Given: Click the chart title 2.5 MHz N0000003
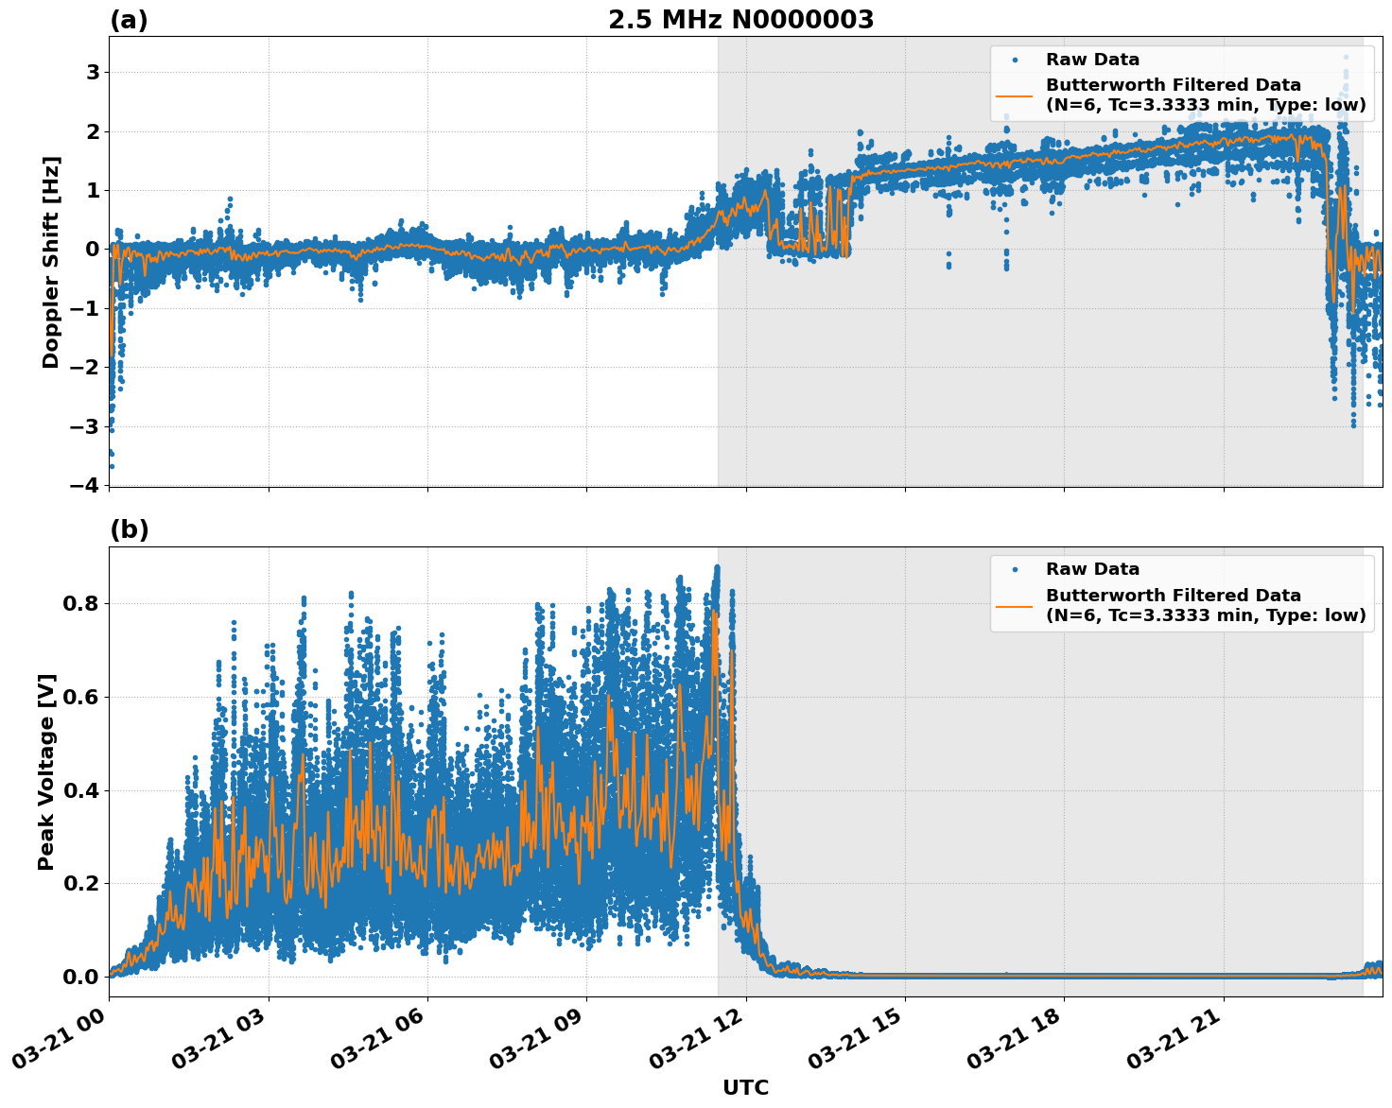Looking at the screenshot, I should click(x=740, y=20).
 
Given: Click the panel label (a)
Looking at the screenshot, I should click(x=129, y=20).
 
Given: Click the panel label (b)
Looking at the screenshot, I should click(x=129, y=529).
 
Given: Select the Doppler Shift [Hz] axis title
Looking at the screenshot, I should click(x=51, y=262).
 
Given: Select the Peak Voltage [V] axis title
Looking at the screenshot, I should click(x=46, y=771).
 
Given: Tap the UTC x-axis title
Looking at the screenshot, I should click(x=745, y=1087).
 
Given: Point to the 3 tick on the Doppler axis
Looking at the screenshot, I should click(x=93, y=72).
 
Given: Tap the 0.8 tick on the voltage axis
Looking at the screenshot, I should click(x=79, y=603).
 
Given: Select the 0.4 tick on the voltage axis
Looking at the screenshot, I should click(x=79, y=789).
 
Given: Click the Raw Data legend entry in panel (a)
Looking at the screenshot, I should click(x=1092, y=60).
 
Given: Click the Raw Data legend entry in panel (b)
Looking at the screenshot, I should click(x=1092, y=569).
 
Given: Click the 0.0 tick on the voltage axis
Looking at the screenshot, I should click(x=79, y=977).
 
